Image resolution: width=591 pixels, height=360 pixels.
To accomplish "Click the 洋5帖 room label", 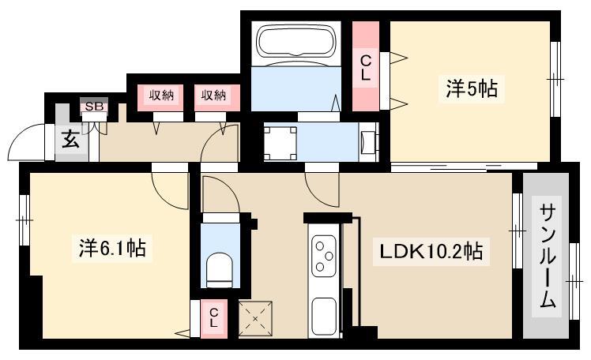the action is pyautogui.click(x=472, y=89).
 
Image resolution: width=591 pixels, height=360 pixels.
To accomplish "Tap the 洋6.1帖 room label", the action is pyautogui.click(x=112, y=248).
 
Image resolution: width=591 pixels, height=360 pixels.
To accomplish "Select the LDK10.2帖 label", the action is pyautogui.click(x=431, y=251).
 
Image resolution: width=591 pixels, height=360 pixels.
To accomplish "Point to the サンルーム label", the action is pyautogui.click(x=547, y=256).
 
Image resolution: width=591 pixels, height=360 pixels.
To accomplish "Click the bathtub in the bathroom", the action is pyautogui.click(x=295, y=39).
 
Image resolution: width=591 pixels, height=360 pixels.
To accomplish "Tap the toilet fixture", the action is pyautogui.click(x=220, y=270).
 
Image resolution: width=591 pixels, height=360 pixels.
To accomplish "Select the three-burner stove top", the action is pyautogui.click(x=324, y=256).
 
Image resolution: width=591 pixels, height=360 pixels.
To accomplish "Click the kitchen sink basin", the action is pyautogui.click(x=324, y=317).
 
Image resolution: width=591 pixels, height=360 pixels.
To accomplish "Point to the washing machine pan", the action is pyautogui.click(x=280, y=144).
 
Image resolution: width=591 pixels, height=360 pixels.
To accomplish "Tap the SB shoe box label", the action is pyautogui.click(x=94, y=107).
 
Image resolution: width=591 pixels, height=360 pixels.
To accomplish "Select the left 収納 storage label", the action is pyautogui.click(x=161, y=96).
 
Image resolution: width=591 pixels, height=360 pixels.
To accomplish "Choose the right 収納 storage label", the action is pyautogui.click(x=213, y=96).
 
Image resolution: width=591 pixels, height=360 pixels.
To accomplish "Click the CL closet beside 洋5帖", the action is pyautogui.click(x=366, y=68).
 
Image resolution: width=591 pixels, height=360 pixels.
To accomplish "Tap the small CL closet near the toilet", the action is pyautogui.click(x=213, y=317).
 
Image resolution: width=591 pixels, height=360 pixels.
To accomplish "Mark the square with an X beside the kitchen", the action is pyautogui.click(x=255, y=319).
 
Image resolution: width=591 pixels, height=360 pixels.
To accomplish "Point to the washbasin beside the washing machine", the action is pyautogui.click(x=368, y=143).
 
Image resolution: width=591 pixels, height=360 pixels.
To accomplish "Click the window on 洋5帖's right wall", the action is pyautogui.click(x=555, y=79).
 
